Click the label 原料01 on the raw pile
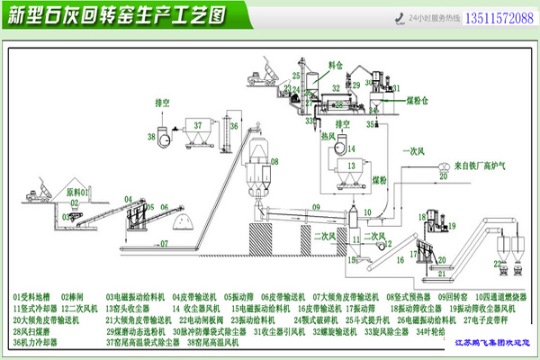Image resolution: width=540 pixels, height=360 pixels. pyautogui.click(x=80, y=192)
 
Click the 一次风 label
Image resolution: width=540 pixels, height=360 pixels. pyautogui.click(x=417, y=148)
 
